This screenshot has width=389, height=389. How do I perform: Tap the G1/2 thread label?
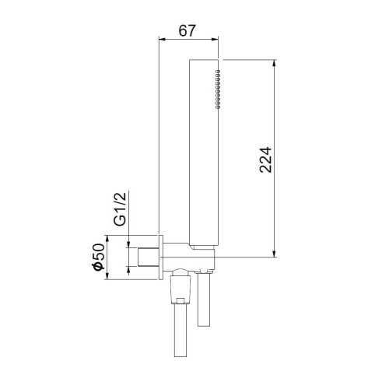click(120, 209)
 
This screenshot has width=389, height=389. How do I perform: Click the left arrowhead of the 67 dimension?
click(162, 40)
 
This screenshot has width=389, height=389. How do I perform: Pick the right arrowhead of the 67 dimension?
click(216, 40)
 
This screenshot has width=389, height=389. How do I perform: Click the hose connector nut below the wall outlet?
click(178, 287)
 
